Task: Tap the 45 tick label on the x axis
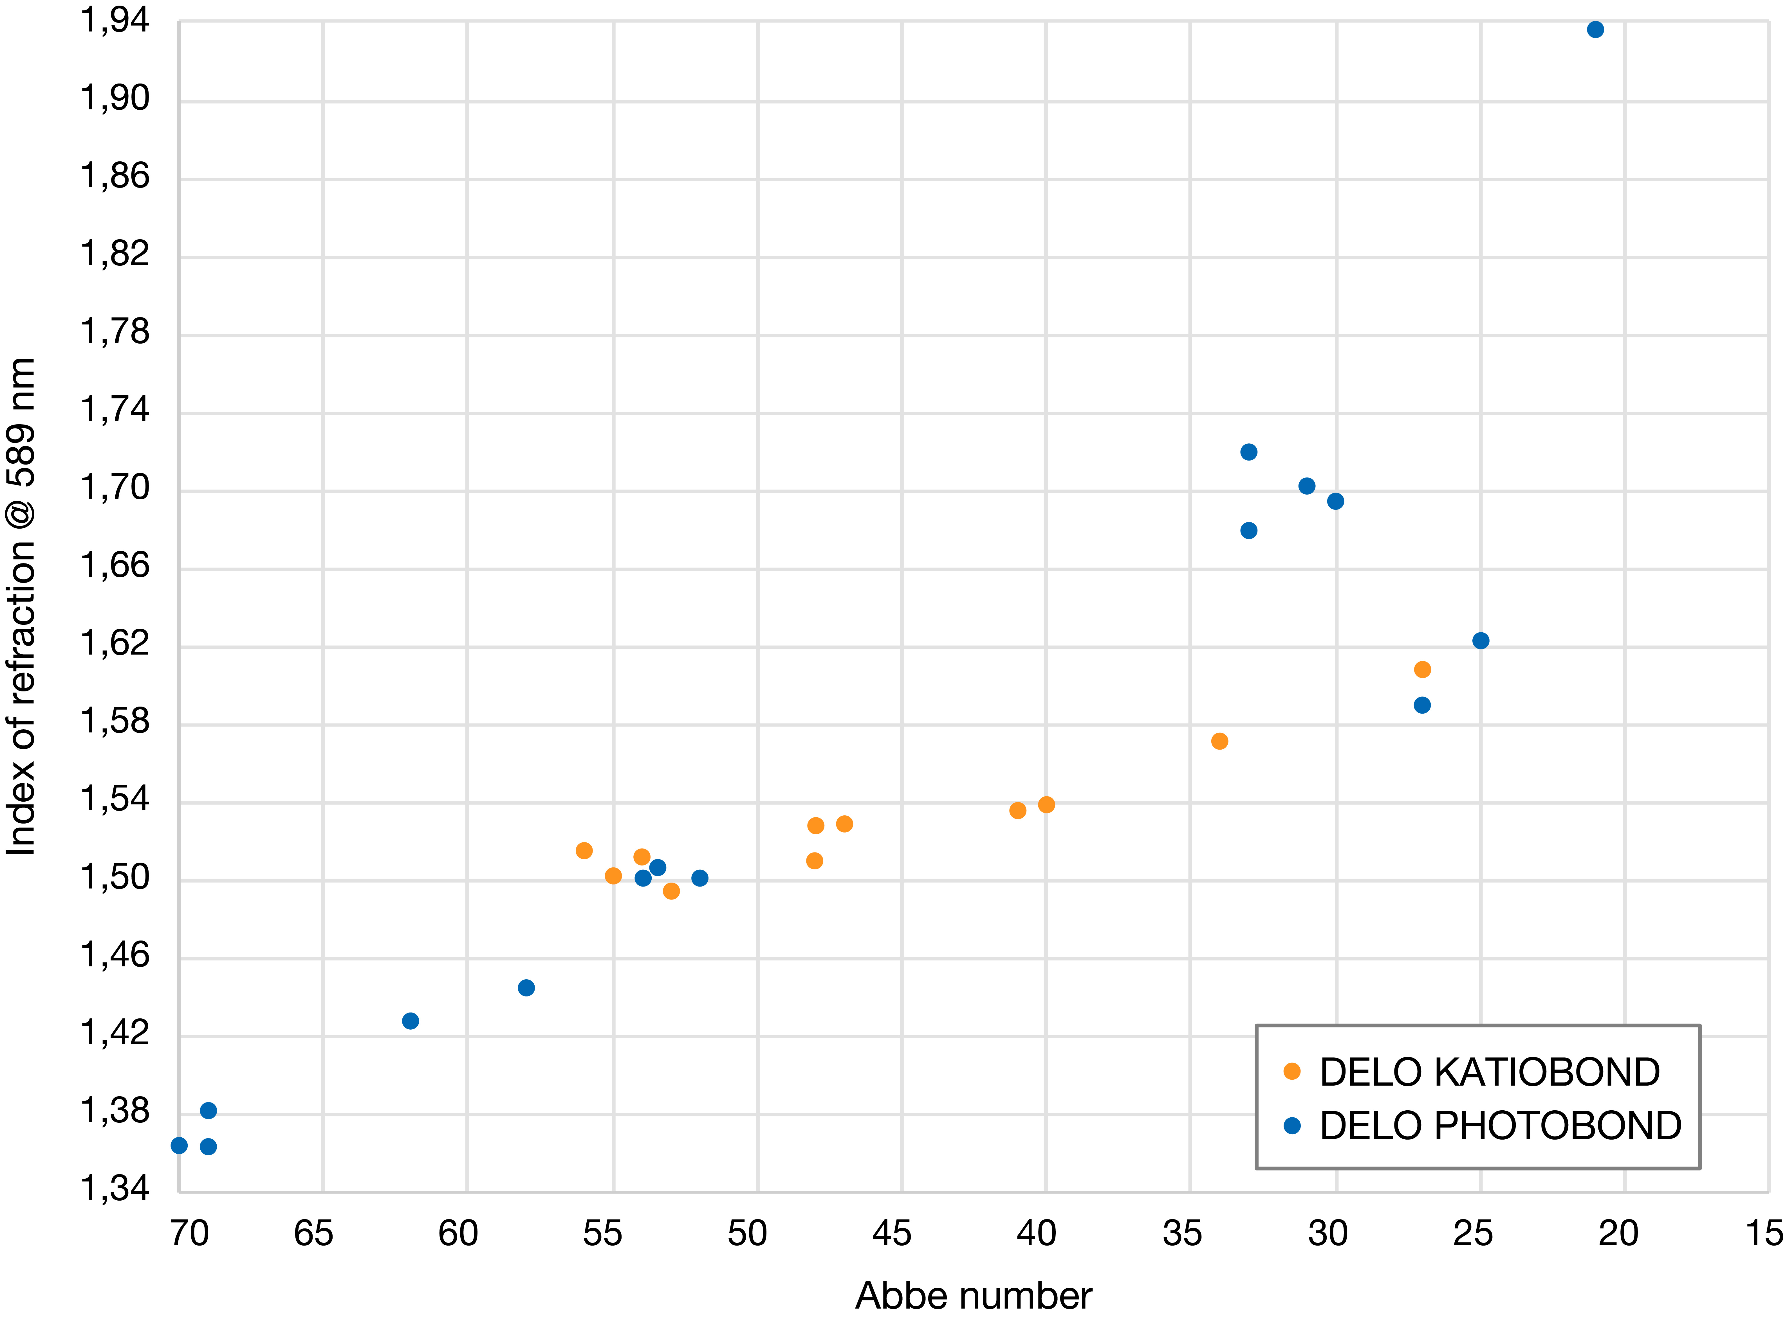tap(891, 1233)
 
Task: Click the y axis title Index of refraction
tap(22, 606)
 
